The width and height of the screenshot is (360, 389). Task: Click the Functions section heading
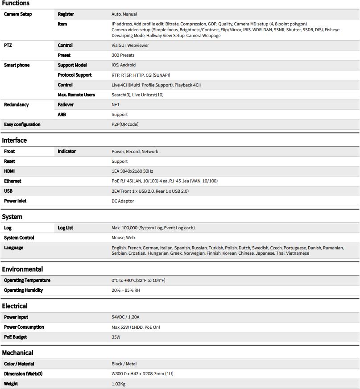click(16, 4)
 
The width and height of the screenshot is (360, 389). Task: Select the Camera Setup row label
click(18, 14)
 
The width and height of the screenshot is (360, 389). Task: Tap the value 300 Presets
click(123, 55)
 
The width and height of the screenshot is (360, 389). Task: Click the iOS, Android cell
click(124, 65)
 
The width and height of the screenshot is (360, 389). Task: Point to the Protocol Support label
click(74, 75)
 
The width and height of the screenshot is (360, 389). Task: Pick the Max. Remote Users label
click(76, 95)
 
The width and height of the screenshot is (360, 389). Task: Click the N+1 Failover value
click(116, 105)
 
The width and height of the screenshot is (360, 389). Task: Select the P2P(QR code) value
click(125, 124)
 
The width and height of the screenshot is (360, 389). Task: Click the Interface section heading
click(14, 141)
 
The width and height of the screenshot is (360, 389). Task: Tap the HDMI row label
click(10, 171)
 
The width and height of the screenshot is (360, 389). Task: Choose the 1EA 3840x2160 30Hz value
click(132, 171)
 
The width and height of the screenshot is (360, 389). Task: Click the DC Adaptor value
click(123, 201)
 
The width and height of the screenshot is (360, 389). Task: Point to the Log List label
click(66, 228)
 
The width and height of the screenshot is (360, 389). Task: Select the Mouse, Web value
click(123, 238)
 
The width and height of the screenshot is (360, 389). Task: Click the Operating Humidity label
click(24, 290)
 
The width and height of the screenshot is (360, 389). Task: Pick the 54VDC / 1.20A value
click(125, 317)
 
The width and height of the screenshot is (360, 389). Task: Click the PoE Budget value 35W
click(116, 337)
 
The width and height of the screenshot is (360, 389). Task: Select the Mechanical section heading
click(17, 353)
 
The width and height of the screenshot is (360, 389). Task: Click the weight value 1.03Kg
click(118, 384)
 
